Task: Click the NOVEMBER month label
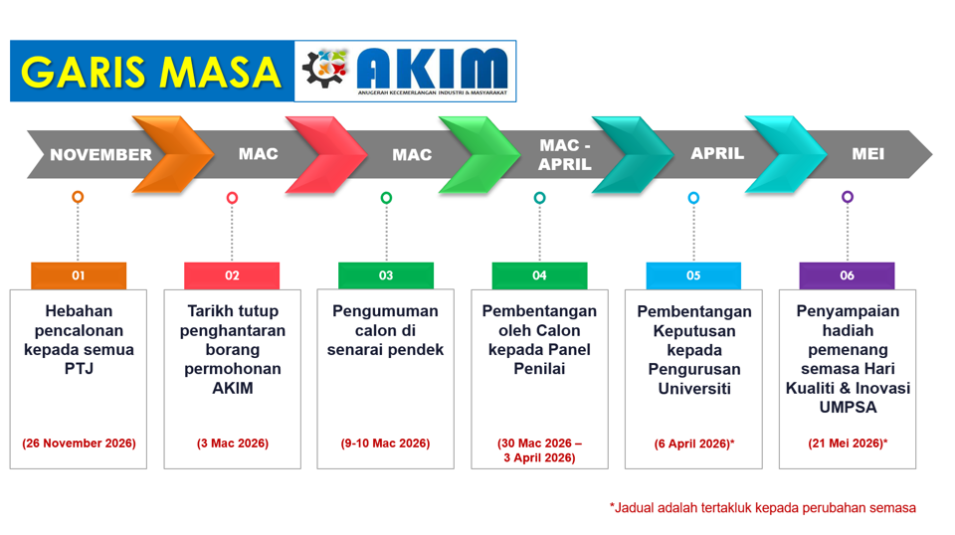pos(100,154)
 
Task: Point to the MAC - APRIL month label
pos(565,154)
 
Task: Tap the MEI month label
pos(867,154)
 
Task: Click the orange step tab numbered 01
pos(79,275)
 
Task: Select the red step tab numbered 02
pos(232,275)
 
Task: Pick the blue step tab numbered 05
pos(693,275)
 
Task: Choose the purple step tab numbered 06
pos(847,275)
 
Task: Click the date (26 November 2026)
pos(79,444)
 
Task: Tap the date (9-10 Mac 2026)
pos(386,444)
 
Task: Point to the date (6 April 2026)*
pos(694,444)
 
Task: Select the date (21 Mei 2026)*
pos(848,444)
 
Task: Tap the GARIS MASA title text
pos(151,72)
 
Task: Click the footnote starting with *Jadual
pos(763,507)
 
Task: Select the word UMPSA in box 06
pos(848,407)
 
